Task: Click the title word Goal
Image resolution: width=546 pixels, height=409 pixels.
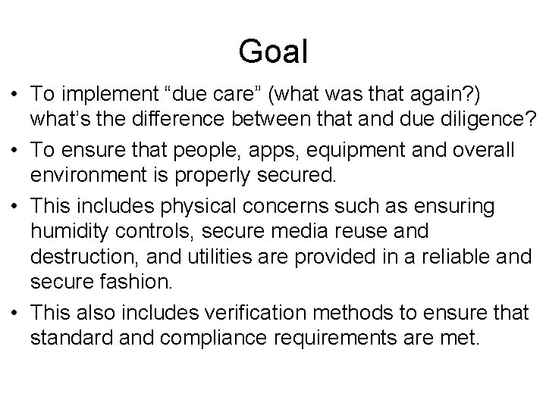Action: click(x=273, y=52)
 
